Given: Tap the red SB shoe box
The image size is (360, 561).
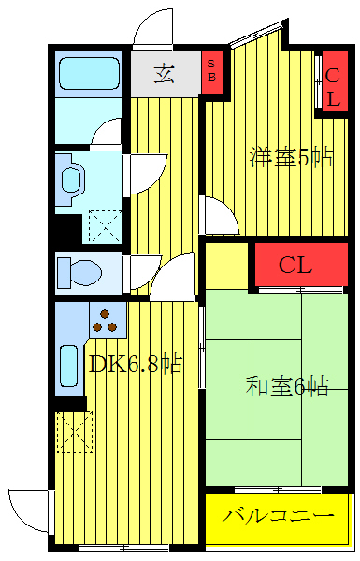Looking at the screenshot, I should pyautogui.click(x=212, y=71).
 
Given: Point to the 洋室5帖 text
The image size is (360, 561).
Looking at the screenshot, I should pyautogui.click(x=290, y=156).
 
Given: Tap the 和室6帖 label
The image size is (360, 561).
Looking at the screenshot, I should pyautogui.click(x=286, y=385).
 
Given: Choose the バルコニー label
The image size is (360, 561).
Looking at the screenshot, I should pyautogui.click(x=278, y=516).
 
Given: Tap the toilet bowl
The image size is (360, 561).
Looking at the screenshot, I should pyautogui.click(x=79, y=274).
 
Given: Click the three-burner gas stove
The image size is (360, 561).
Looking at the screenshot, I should pyautogui.click(x=107, y=321).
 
